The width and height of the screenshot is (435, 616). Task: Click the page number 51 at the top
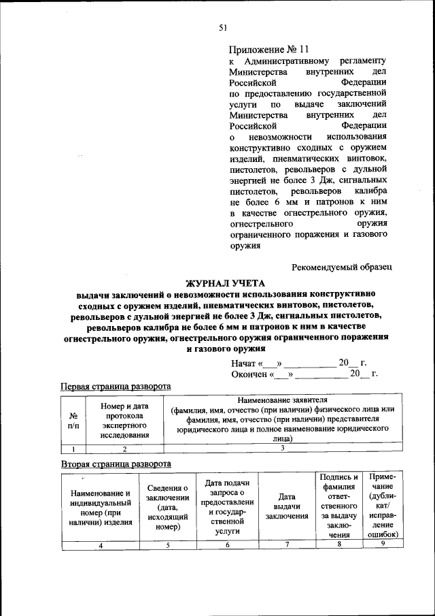[222, 28]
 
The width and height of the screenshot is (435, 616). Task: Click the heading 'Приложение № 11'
[268, 49]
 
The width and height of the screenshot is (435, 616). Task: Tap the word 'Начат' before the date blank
[243, 363]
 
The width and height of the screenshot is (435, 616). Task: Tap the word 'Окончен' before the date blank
[249, 374]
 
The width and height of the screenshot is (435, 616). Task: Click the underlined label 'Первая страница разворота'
[116, 386]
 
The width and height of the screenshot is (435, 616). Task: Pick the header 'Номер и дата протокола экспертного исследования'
[124, 421]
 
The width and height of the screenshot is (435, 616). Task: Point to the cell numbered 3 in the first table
[282, 449]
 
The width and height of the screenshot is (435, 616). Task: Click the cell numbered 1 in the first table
[73, 449]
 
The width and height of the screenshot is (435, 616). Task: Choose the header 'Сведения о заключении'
[167, 507]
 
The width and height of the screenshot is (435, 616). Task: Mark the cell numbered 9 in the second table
[382, 544]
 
